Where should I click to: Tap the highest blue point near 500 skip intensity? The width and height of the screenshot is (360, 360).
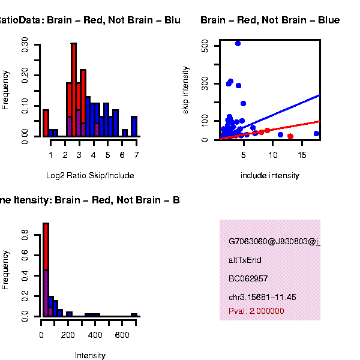[x=238, y=43]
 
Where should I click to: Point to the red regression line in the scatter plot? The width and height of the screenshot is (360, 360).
[x=288, y=128]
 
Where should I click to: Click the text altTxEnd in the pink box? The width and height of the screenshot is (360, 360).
[x=245, y=260]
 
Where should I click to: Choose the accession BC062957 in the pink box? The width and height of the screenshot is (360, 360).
[x=248, y=278]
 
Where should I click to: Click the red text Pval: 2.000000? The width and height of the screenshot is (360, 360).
[x=256, y=311]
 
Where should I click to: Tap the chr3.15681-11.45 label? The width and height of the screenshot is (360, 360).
[x=262, y=297]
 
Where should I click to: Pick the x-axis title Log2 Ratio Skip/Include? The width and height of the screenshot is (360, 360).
[x=90, y=175]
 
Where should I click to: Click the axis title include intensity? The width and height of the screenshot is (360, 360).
[x=269, y=175]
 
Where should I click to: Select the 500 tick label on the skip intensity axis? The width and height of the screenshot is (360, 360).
[x=205, y=47]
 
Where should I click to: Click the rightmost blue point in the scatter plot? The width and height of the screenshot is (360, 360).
[x=316, y=134]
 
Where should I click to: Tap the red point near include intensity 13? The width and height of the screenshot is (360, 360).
[x=290, y=136]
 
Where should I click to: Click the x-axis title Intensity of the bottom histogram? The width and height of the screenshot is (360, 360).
[x=90, y=355]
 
